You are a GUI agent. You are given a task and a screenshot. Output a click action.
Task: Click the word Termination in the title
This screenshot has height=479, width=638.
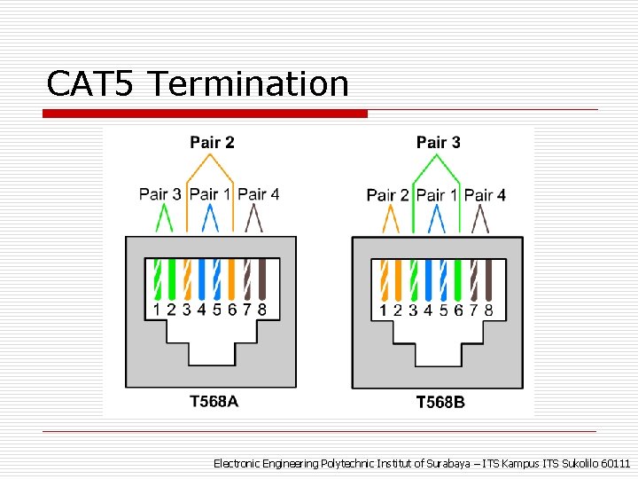[249, 84]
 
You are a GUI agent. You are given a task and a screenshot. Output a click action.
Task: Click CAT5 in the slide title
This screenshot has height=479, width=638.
[90, 84]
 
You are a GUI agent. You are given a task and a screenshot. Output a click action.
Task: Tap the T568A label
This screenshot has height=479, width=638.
[214, 401]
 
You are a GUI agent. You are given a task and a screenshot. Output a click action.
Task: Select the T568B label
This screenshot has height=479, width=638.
[440, 402]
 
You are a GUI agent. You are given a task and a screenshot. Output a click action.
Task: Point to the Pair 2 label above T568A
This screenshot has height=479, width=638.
[212, 142]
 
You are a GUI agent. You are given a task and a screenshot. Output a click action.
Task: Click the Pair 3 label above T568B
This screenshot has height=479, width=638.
[439, 142]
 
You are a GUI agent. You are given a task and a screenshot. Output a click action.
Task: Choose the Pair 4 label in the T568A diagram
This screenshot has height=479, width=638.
[259, 193]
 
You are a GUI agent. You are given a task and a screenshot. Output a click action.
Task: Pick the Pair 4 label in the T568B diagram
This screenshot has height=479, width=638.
[486, 194]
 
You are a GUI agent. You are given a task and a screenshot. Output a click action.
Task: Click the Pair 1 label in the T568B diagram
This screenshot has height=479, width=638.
[437, 194]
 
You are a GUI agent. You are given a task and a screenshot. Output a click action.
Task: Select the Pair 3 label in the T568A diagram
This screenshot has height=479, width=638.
[160, 193]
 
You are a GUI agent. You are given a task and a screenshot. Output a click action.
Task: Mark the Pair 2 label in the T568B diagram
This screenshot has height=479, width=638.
[388, 194]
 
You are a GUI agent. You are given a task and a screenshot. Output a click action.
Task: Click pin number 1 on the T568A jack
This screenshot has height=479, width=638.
[157, 310]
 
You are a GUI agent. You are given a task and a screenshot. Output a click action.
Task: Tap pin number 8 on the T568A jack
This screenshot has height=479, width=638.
[261, 310]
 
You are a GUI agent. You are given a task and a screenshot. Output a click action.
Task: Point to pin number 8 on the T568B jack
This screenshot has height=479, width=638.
[488, 310]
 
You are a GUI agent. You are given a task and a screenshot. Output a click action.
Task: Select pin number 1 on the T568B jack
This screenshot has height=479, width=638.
[384, 310]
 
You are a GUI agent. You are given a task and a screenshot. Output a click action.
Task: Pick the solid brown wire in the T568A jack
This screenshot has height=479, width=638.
[261, 279]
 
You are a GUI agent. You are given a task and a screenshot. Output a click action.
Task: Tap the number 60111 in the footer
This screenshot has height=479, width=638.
[616, 464]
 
